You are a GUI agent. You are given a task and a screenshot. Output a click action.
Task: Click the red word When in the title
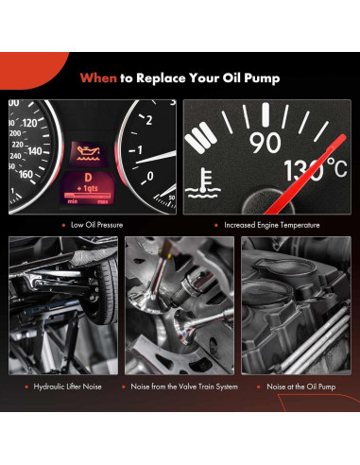point(98,79)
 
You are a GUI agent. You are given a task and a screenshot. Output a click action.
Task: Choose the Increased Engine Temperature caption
point(271,225)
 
